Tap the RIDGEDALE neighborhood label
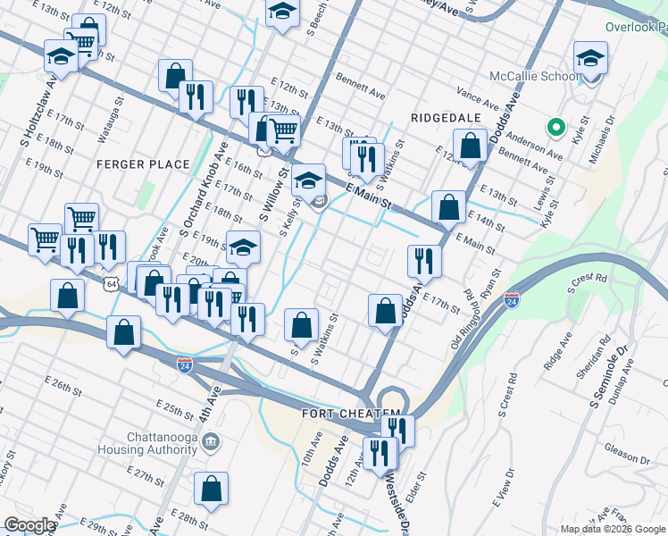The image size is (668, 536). point(446,118)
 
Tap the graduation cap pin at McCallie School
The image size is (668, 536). point(590,60)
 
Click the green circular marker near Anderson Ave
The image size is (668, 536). point(555,129)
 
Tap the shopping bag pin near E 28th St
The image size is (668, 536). point(211,490)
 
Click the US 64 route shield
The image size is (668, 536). point(111,283)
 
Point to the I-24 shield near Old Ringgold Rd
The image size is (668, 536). point(512,301)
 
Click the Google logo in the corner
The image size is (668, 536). point(29,525)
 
